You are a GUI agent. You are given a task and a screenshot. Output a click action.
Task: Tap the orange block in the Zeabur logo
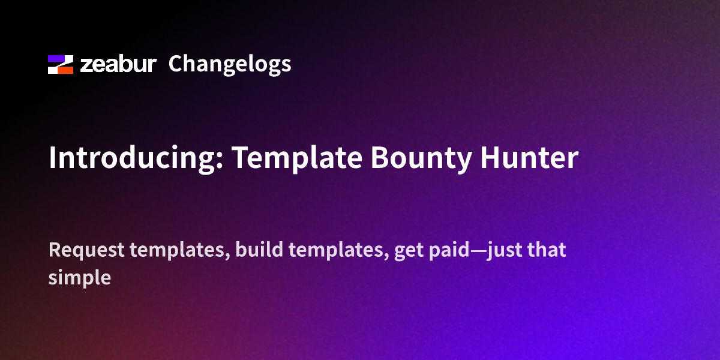pos(64,70)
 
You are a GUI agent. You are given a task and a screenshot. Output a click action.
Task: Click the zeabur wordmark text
pos(118,64)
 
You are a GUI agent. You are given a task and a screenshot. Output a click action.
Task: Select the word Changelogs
pos(230,64)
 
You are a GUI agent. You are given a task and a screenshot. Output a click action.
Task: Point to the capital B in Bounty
pos(379,158)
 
